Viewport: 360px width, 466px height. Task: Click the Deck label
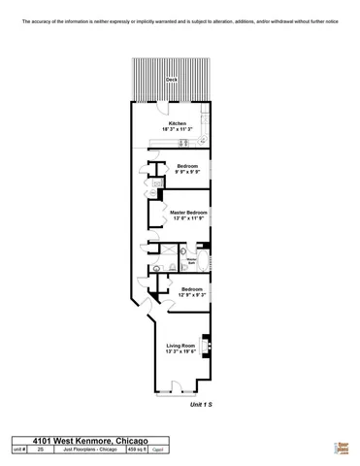point(172,80)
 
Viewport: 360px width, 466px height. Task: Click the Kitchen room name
point(178,123)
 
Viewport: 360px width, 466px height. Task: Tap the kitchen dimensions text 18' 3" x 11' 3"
point(178,129)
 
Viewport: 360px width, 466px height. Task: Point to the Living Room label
point(181,346)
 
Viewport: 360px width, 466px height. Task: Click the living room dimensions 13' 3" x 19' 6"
point(181,352)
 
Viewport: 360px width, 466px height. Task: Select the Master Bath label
point(191,259)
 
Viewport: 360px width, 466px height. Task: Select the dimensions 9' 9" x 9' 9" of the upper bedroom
point(188,172)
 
